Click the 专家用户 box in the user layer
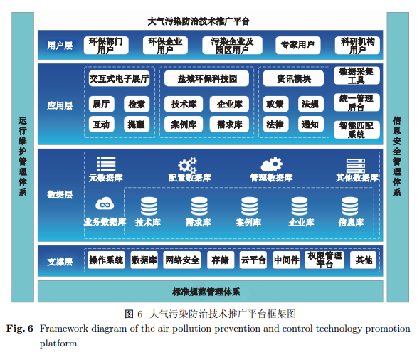tap(298, 45)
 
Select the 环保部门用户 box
tap(106, 45)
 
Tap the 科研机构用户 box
tap(357, 45)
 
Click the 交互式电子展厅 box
tap(119, 78)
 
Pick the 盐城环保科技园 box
tap(206, 78)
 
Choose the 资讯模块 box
tap(293, 78)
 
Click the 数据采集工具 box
tap(357, 75)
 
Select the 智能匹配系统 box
tap(357, 129)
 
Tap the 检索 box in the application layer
tap(137, 104)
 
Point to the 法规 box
tap(311, 104)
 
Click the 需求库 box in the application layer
tap(229, 125)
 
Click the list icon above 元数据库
tap(106, 164)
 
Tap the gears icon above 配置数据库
tap(187, 166)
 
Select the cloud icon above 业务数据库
tap(105, 204)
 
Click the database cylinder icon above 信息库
tap(349, 206)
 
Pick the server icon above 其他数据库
tap(356, 166)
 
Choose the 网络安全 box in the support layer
tap(182, 260)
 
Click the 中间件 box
tap(287, 260)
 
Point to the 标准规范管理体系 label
tap(206, 292)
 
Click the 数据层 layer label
tap(60, 195)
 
